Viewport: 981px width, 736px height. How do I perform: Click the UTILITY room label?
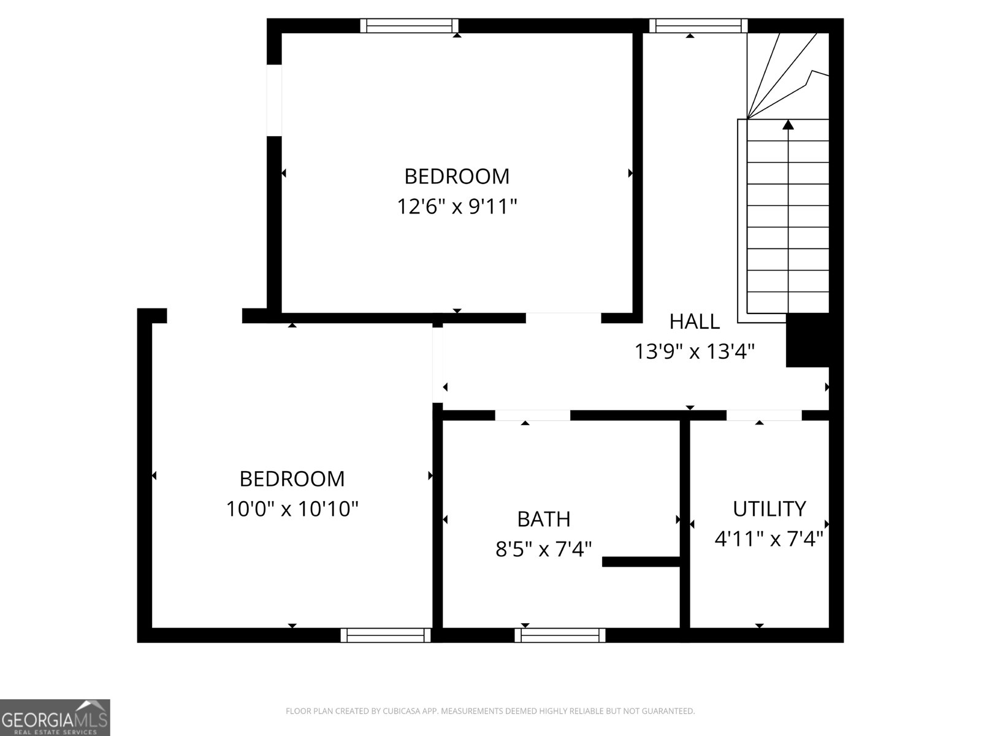[769, 508]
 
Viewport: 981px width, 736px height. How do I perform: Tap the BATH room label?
[544, 519]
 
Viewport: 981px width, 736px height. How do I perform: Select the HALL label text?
[694, 321]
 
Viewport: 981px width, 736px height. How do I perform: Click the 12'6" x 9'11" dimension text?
[457, 207]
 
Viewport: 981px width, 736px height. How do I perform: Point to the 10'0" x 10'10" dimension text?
[292, 508]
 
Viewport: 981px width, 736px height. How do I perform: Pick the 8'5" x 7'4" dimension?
[544, 549]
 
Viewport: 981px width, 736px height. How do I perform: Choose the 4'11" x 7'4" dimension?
[769, 539]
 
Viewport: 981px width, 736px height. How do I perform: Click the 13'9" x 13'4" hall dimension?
[694, 351]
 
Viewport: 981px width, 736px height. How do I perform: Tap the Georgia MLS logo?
[55, 718]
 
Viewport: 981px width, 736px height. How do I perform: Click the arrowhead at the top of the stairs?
[788, 125]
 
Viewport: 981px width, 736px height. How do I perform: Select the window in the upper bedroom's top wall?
[409, 25]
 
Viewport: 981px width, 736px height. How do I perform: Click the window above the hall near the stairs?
[698, 25]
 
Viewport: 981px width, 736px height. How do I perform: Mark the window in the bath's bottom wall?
[560, 635]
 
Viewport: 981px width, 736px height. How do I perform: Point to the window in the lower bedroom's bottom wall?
[386, 635]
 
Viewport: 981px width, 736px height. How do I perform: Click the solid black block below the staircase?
[807, 340]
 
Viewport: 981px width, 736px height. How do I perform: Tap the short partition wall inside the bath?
[641, 561]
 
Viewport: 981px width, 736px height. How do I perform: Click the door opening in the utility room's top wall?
[764, 415]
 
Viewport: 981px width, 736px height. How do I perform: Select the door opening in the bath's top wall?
[532, 415]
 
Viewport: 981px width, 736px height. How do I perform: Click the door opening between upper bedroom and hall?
[563, 318]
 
